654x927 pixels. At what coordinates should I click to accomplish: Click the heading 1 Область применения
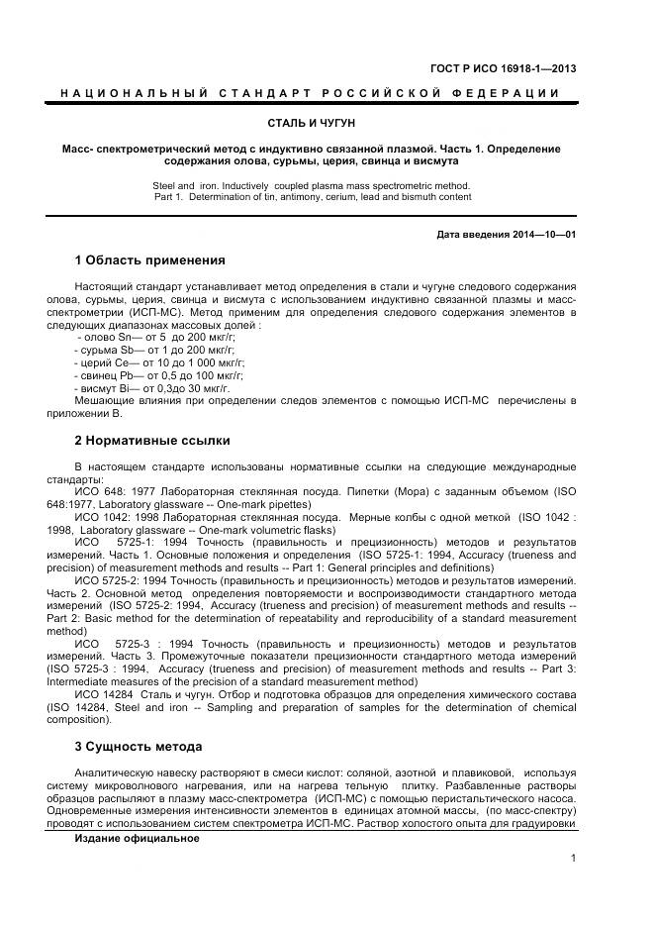pyautogui.click(x=149, y=260)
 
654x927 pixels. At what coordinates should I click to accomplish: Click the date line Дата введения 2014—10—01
pyautogui.click(x=506, y=235)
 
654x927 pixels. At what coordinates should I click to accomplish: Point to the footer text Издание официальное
pyautogui.click(x=137, y=838)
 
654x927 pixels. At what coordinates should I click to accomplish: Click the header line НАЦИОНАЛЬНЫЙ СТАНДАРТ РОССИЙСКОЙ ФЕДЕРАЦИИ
pyautogui.click(x=311, y=93)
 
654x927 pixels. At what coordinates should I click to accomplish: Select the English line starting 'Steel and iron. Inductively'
pyautogui.click(x=311, y=185)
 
